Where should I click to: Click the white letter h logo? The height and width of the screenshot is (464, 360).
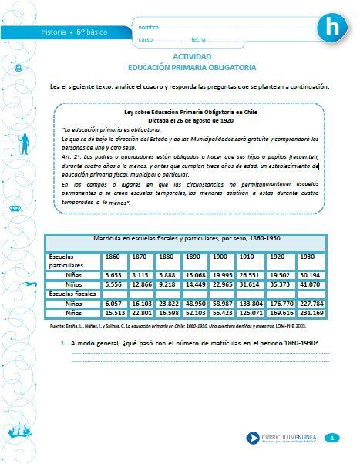(x=334, y=29)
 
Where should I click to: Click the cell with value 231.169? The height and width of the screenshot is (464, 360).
(x=311, y=314)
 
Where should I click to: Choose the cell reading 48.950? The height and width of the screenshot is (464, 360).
(x=195, y=304)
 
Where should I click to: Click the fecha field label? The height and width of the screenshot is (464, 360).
(x=198, y=39)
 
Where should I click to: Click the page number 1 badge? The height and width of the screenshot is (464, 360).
(x=331, y=438)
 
